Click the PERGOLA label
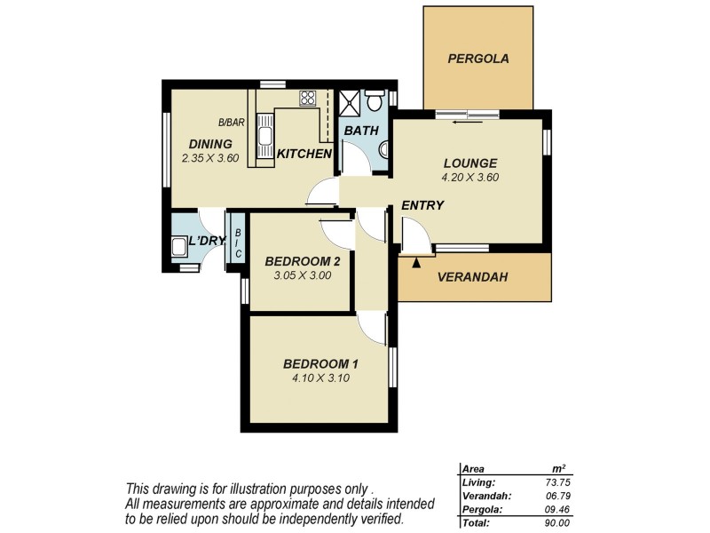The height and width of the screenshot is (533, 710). (478, 60)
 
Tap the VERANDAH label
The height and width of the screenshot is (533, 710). (472, 276)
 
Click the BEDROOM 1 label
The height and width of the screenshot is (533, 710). (320, 363)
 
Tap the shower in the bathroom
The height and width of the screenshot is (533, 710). (351, 103)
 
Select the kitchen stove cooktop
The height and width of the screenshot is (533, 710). (307, 98)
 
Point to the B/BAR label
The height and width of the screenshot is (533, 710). (232, 123)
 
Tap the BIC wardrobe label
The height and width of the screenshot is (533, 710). (237, 237)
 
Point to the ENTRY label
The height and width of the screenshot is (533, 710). (422, 205)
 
